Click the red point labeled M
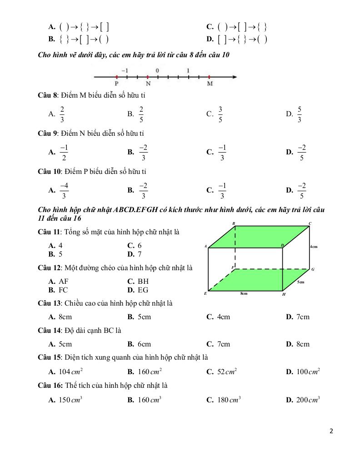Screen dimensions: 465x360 tap(209, 77)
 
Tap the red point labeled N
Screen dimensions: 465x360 tap(148, 77)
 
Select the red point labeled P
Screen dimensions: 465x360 tap(117, 77)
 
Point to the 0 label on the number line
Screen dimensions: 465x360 tap(157, 70)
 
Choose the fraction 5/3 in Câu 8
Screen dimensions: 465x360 tap(300, 114)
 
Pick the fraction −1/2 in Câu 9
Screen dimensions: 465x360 tap(64, 152)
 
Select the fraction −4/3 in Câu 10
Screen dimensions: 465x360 tap(64, 190)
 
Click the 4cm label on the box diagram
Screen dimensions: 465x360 tap(314, 247)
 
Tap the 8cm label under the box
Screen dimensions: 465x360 tap(244, 293)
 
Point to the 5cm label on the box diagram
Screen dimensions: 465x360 tap(300, 282)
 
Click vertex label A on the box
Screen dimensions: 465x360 tap(205, 247)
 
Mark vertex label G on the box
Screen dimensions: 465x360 tap(313, 269)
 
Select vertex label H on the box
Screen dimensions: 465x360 tap(284, 294)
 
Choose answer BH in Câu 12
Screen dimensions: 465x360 tap(143, 282)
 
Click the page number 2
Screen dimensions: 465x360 tap(331, 431)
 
